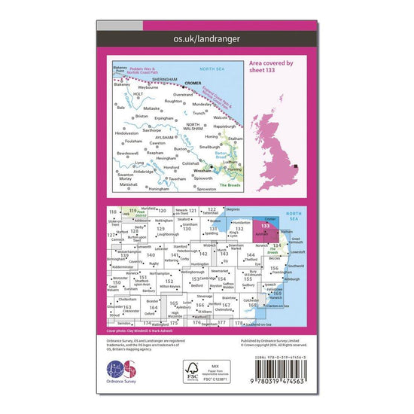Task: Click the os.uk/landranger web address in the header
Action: (206, 35)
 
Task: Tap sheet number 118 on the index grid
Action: (113, 212)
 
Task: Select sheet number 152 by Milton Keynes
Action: (169, 281)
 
